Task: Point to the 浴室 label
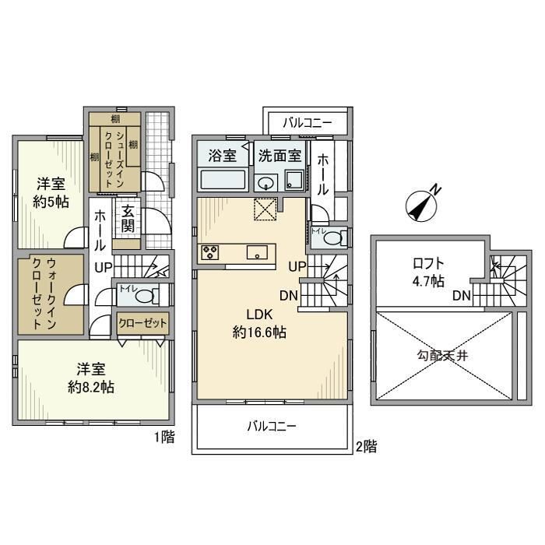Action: pos(222,155)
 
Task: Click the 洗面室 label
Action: pos(280,155)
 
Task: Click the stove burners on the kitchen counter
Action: pos(211,252)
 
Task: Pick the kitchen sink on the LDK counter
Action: pos(258,252)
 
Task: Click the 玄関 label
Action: pos(127,219)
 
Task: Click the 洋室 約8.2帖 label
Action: pos(90,378)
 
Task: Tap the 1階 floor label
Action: pos(163,438)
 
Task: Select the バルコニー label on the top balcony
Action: pos(307,122)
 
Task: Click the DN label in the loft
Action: pos(461,295)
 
